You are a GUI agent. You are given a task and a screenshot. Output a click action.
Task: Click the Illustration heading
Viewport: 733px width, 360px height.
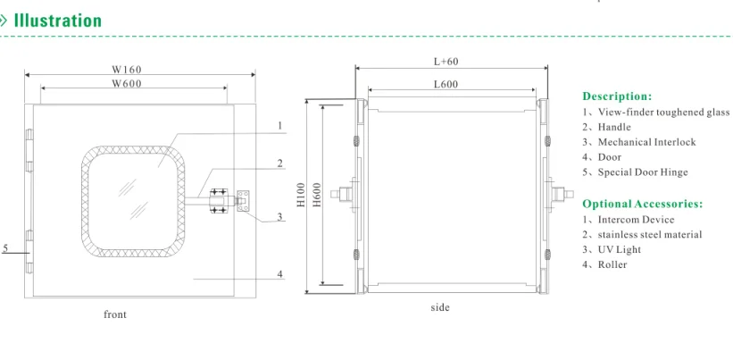pos(57,21)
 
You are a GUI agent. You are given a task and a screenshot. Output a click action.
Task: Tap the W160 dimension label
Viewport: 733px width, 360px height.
pos(126,69)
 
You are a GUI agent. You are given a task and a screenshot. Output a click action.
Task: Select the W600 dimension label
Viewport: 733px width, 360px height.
pos(126,84)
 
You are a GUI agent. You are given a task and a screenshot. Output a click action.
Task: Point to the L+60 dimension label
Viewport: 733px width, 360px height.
pos(446,62)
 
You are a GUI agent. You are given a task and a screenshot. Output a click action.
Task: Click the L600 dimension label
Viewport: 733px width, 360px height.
pos(446,85)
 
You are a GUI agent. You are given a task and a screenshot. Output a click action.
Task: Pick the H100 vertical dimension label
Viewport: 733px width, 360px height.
pos(301,195)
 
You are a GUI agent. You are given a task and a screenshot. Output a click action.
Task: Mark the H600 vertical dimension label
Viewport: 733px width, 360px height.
pos(318,195)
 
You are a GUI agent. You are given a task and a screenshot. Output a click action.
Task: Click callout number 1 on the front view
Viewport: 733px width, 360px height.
pos(280,125)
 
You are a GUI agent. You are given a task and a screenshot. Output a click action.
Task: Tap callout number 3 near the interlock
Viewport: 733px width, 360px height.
pos(280,216)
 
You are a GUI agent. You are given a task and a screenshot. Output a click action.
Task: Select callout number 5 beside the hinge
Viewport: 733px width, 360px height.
pos(5,248)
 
